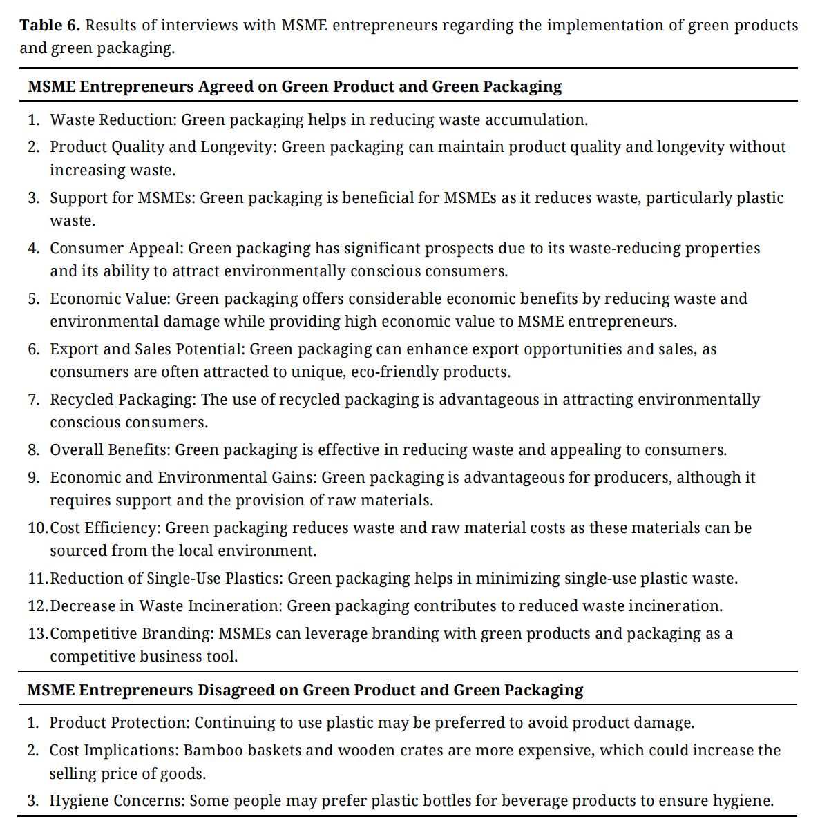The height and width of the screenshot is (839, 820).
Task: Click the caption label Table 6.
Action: (50, 26)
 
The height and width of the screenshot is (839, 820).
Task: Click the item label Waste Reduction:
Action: (114, 120)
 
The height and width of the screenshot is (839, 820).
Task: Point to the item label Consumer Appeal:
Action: (117, 249)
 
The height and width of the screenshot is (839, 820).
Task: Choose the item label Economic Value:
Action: (111, 299)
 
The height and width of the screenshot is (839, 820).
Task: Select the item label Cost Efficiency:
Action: (106, 528)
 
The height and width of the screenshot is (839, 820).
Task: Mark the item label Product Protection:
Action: (119, 723)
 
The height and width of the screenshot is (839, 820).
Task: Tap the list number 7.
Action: (33, 400)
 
